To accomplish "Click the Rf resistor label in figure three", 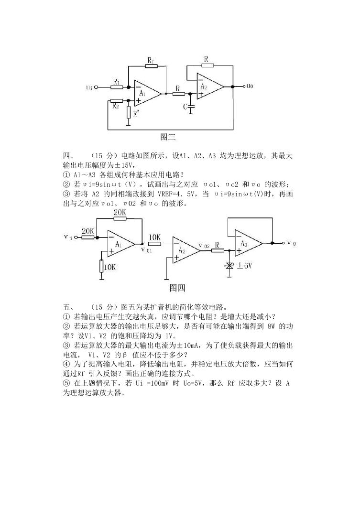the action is pos(151,60).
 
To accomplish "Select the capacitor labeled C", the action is pos(191,106).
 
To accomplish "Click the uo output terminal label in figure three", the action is pos(250,86).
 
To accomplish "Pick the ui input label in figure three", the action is pos(89,87).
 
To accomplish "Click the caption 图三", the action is pos(168,137).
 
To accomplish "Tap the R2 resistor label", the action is pos(116,106).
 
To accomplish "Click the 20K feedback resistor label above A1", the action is pos(120,213).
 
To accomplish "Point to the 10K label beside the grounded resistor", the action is pos(110,267).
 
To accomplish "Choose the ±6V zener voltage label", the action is pos(244,266).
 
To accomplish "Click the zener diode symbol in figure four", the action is pos(230,266).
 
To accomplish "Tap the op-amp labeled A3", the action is pos(249,243).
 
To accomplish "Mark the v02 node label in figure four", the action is pos(205,246).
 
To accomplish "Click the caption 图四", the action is pos(177,288).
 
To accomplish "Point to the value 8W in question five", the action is pos(271,326).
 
